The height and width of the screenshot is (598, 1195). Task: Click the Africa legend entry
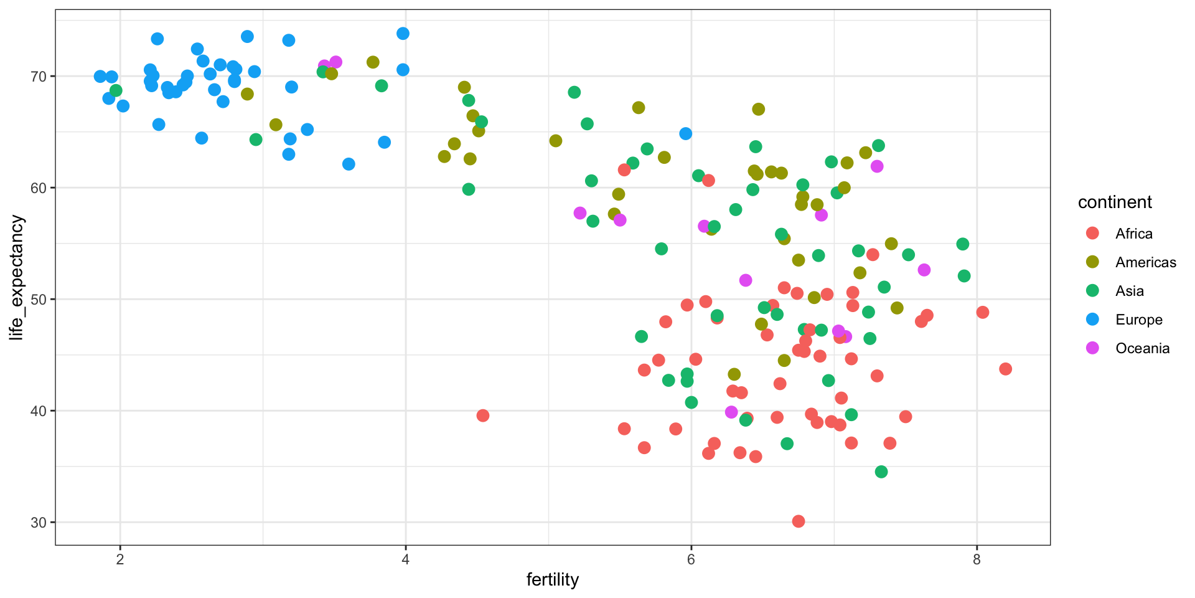[x=1133, y=234]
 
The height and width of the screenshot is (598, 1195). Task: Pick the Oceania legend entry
[x=1142, y=348]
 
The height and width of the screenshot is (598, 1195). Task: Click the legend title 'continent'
[x=1115, y=202]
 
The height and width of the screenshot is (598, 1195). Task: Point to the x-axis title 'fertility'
[x=553, y=580]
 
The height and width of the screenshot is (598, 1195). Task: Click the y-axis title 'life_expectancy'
[x=17, y=278]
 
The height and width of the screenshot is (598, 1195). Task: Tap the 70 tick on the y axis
[x=39, y=77]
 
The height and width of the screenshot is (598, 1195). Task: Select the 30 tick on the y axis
[x=39, y=523]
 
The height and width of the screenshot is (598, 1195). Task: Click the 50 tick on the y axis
[x=39, y=300]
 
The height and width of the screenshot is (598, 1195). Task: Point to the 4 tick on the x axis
[x=406, y=559]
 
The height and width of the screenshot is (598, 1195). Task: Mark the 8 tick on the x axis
[x=977, y=559]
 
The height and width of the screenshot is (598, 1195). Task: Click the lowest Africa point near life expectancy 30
[x=799, y=521]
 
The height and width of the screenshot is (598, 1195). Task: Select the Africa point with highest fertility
[x=1005, y=369]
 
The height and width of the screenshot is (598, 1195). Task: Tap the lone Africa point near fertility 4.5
[x=483, y=415]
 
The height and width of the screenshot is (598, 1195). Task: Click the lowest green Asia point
[x=881, y=472]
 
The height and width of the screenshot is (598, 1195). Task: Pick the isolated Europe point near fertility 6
[x=686, y=133]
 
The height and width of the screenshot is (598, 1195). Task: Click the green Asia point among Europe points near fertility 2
[x=116, y=91]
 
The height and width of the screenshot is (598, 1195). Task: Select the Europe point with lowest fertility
[x=100, y=77]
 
